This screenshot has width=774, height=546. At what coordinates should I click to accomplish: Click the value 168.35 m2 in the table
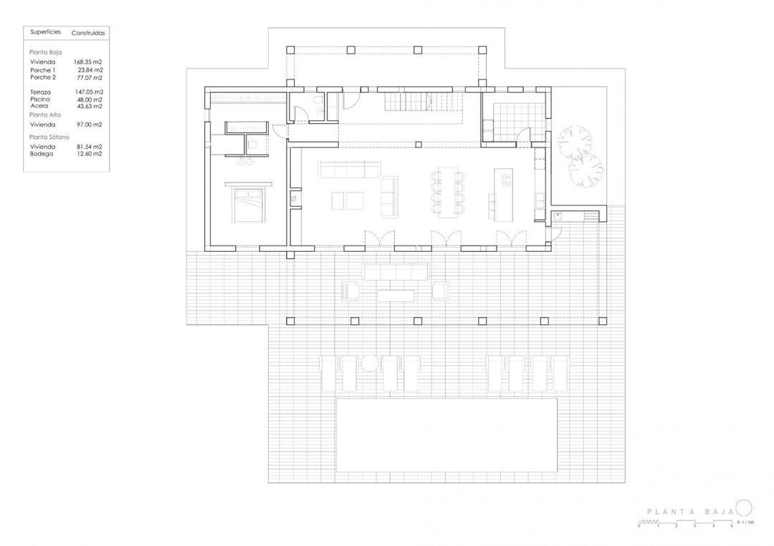click(89, 62)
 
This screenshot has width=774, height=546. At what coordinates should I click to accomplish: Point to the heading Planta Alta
click(44, 114)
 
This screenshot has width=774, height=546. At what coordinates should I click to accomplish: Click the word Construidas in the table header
click(88, 33)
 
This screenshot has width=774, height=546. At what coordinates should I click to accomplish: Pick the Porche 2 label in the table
click(43, 77)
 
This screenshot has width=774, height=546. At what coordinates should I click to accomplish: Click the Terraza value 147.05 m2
click(89, 92)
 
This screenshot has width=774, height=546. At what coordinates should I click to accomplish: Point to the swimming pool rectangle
click(446, 434)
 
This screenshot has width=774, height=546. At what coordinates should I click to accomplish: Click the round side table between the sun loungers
click(369, 364)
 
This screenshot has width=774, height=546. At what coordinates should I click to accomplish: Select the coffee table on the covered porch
click(396, 293)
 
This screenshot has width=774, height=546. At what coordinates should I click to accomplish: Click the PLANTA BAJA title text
click(689, 512)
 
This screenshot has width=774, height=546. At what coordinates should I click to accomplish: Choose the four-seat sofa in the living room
click(349, 170)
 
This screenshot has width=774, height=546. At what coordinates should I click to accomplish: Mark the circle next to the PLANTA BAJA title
click(744, 508)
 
